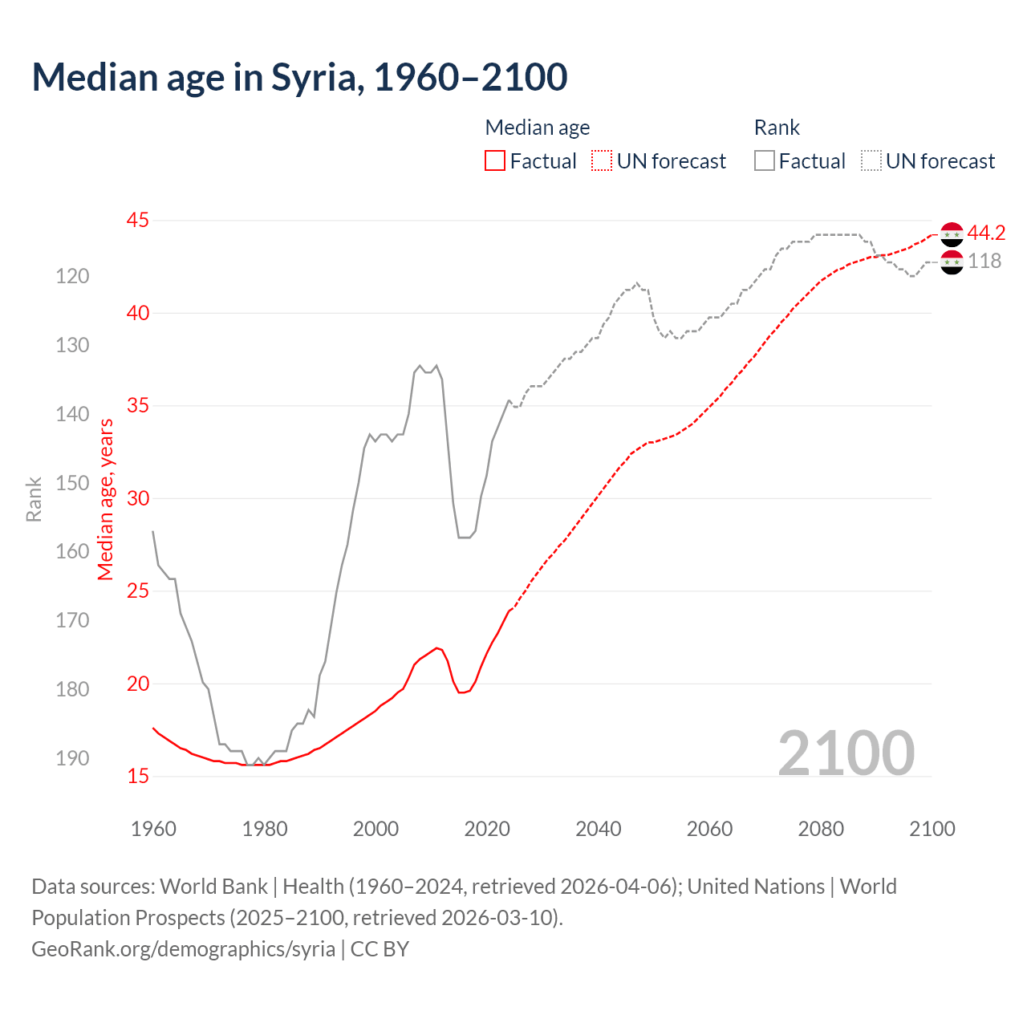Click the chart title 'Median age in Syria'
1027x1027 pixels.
click(299, 77)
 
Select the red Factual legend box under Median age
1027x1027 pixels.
click(495, 161)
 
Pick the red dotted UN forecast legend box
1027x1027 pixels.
click(602, 161)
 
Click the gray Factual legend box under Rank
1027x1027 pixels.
click(765, 161)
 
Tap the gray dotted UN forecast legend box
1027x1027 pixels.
click(871, 161)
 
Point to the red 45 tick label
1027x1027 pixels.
click(138, 220)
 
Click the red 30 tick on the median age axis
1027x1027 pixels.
click(138, 498)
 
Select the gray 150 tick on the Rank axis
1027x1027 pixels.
click(72, 483)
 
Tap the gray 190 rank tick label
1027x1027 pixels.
click(72, 758)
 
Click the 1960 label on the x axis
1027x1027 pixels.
click(153, 829)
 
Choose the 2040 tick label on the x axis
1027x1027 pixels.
click(599, 829)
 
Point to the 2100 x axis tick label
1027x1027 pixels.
click(932, 829)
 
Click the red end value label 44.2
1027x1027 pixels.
click(986, 233)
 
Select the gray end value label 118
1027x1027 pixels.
click(984, 261)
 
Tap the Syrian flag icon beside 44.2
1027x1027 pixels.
click(952, 233)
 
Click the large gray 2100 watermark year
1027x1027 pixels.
click(846, 753)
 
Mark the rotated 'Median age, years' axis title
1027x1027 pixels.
click(106, 499)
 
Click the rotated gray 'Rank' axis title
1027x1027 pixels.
click(34, 499)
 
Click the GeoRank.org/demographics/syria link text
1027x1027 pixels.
click(183, 948)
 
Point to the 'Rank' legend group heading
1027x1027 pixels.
click(777, 128)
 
